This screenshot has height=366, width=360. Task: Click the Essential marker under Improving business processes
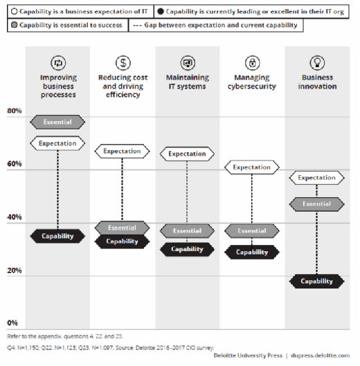point(57,122)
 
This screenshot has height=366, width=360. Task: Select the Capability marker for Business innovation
point(317,281)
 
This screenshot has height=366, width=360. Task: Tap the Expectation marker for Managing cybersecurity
point(252,167)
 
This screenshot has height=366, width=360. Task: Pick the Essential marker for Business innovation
point(317,204)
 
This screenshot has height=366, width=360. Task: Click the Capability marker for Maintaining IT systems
point(187,249)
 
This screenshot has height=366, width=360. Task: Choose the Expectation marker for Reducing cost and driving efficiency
point(122,152)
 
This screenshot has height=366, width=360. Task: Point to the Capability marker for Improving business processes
point(57,236)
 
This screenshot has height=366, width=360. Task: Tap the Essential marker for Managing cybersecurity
point(252,231)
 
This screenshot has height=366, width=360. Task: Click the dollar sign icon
point(123,63)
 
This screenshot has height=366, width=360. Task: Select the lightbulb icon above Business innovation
point(317,63)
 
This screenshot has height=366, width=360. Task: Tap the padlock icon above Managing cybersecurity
point(252,63)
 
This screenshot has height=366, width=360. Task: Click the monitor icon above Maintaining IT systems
point(188,63)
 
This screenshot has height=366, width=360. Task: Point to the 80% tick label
point(15,111)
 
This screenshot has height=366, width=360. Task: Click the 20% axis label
point(15,271)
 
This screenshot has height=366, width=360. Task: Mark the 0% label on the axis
point(12,323)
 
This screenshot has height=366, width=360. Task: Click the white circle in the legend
point(15,12)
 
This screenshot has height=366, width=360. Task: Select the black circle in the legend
point(161,12)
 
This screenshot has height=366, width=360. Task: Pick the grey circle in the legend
point(15,25)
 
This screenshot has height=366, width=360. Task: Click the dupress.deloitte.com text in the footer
point(321,356)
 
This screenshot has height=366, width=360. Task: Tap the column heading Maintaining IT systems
point(188,82)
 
